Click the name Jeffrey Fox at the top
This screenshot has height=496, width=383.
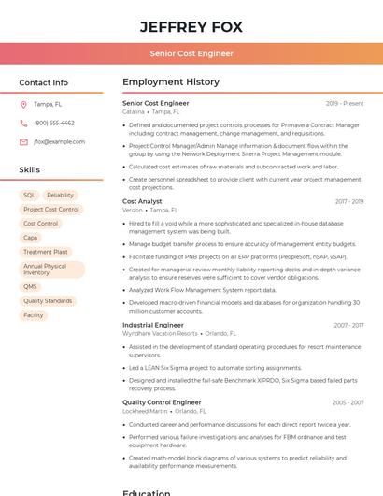[x=191, y=27]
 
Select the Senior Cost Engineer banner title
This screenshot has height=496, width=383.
[x=191, y=53]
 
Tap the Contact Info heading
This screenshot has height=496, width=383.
[x=44, y=82]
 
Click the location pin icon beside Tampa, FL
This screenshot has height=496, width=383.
[x=23, y=105]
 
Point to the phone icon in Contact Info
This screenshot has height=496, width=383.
[x=23, y=123]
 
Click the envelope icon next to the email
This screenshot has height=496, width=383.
[x=23, y=141]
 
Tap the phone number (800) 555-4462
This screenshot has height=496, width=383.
[x=54, y=123]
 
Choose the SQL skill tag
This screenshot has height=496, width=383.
[x=30, y=196]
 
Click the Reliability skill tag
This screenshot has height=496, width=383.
[x=60, y=196]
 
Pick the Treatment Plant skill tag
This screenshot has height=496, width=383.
[x=46, y=252]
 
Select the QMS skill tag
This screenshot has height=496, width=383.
[x=31, y=287]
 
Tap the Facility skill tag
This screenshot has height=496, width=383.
[x=34, y=315]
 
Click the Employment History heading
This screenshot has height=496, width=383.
[x=171, y=82]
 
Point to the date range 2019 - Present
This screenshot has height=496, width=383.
[x=345, y=103]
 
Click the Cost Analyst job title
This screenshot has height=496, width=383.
[x=142, y=201]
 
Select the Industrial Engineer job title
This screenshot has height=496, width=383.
[x=153, y=325]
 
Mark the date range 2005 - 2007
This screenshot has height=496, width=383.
[x=349, y=402]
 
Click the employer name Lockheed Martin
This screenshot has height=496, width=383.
[x=145, y=411]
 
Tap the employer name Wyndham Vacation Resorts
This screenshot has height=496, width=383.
[x=160, y=333]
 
